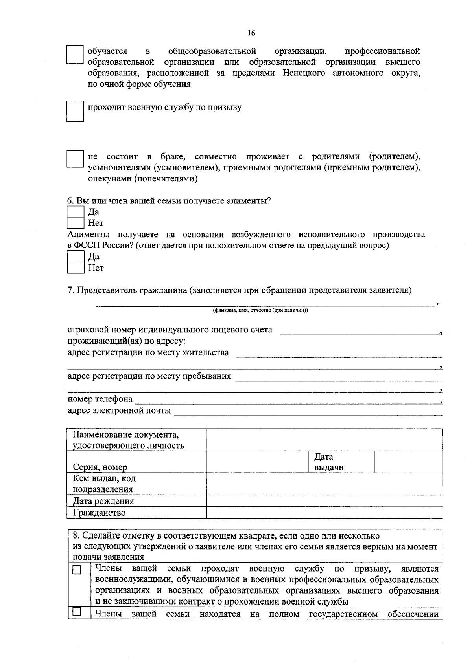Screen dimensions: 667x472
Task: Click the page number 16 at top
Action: (251, 33)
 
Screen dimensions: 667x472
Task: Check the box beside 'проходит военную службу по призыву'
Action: (75, 112)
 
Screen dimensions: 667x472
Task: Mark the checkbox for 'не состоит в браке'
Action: (75, 159)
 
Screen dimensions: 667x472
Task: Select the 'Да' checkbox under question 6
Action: (75, 212)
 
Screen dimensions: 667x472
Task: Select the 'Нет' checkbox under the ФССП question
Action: (75, 268)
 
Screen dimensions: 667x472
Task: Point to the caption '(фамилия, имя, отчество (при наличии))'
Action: (260, 310)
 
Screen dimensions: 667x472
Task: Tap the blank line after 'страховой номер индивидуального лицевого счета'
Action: (360, 332)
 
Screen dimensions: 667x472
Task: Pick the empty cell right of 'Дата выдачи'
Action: (408, 462)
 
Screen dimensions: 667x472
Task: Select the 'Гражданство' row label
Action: (99, 513)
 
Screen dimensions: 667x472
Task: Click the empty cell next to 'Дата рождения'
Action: (324, 501)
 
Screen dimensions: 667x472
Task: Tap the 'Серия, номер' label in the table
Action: (100, 467)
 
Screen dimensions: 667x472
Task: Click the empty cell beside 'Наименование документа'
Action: (324, 440)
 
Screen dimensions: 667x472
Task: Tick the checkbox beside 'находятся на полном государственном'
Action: (77, 612)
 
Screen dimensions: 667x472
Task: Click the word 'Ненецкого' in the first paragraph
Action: (304, 73)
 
